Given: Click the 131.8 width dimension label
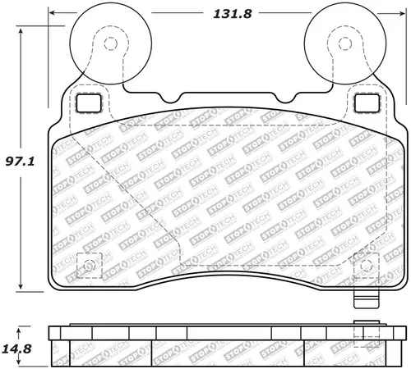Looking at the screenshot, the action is tap(233, 14).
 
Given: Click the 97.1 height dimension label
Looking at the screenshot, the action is tap(20, 162).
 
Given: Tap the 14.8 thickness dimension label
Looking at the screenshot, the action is tap(16, 349).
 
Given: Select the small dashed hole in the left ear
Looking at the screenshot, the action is tap(111, 43).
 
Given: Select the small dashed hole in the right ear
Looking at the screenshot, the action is tap(345, 43).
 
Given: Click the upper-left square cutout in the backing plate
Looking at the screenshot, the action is tap(89, 103).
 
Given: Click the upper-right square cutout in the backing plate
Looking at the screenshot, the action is tap(367, 103).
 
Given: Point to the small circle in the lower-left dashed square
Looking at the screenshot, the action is tap(89, 265).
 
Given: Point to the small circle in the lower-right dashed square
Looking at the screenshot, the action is tap(367, 265).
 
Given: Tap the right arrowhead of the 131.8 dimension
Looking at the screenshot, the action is tap(402, 13).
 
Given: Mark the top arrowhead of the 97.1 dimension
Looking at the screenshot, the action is tap(21, 30).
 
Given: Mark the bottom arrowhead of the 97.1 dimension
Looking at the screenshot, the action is tap(21, 287).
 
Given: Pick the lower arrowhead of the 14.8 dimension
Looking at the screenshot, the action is tap(18, 362).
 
